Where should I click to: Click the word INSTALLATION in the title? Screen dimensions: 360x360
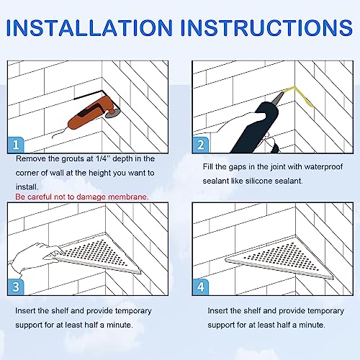89,28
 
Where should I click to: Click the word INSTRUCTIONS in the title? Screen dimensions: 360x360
266,28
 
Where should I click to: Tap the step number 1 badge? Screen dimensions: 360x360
16,145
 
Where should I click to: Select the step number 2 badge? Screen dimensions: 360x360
200,145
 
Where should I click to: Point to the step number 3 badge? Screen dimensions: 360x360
16,287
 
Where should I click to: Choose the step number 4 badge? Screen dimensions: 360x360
200,287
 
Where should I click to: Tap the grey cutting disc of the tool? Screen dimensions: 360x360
113,113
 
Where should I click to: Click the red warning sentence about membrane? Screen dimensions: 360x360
82,197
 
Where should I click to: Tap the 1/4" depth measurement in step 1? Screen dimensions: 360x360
102,158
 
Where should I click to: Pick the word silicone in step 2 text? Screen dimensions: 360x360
259,181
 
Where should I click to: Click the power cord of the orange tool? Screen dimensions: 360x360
59,133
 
